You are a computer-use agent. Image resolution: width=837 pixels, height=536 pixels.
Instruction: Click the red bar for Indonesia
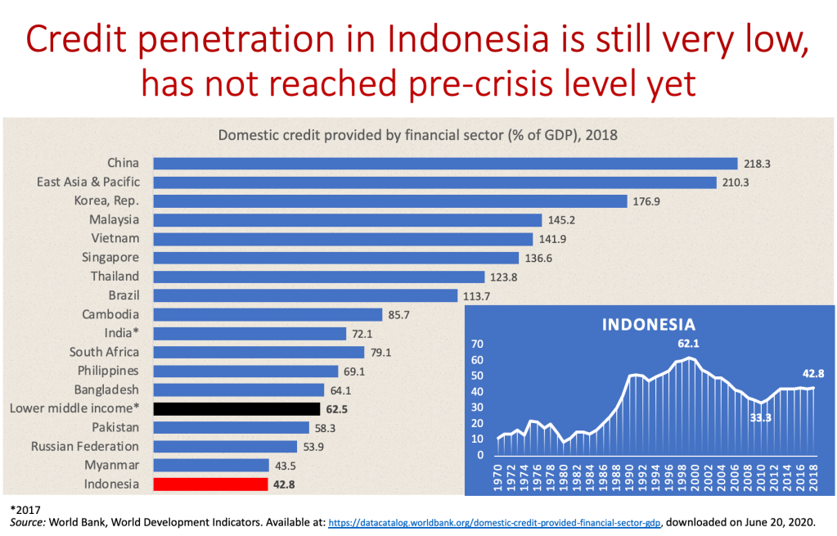pos(210,484)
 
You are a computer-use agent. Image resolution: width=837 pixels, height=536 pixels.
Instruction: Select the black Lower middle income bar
pos(236,408)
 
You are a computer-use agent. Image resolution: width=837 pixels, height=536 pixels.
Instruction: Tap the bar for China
pos(445,164)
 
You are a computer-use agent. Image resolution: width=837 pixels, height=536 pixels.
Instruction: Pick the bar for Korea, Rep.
pos(389,201)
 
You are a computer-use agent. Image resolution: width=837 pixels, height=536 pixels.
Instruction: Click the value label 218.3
pos(757,164)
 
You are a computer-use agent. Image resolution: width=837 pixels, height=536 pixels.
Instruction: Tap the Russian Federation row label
pos(85,446)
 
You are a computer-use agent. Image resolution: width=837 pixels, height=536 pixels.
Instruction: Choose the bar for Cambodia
pos(268,314)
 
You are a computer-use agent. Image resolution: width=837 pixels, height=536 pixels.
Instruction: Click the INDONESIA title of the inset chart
pos(648,325)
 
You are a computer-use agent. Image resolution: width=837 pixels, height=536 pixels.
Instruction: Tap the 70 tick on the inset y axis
pos(479,345)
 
